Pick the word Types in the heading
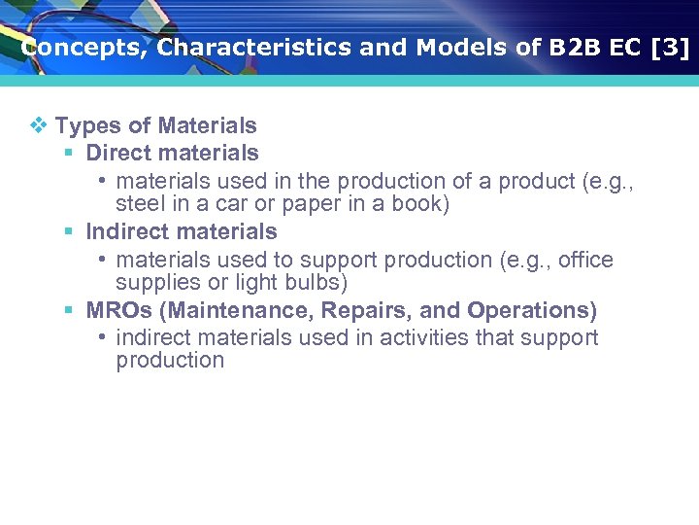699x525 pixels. click(x=87, y=125)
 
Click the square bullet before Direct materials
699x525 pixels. click(x=69, y=153)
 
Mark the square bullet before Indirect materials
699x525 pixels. click(x=69, y=231)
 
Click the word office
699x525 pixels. click(x=585, y=260)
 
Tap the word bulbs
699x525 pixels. click(x=319, y=283)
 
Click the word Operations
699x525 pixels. click(x=530, y=310)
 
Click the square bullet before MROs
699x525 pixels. click(x=69, y=310)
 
